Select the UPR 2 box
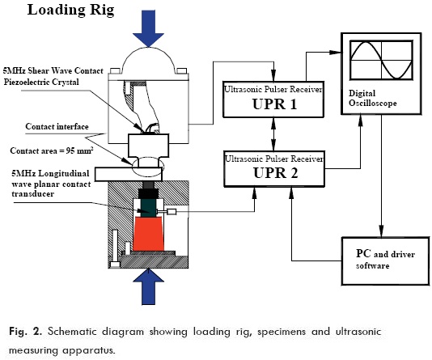pos(276,168)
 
